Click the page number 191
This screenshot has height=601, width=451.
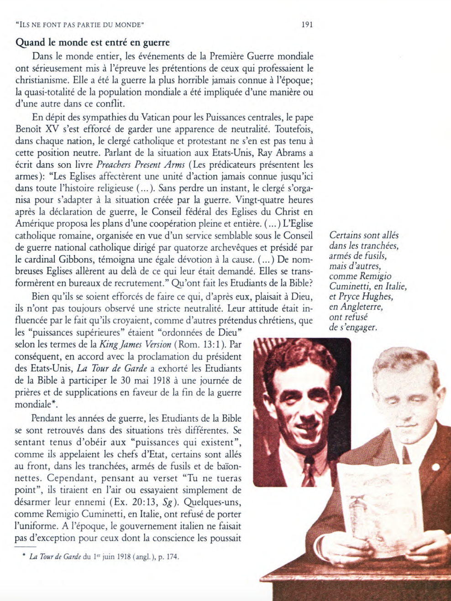point(307,25)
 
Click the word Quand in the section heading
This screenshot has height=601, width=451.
point(30,43)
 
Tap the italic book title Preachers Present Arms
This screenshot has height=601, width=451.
point(141,165)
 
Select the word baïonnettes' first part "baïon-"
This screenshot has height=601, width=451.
point(228,466)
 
